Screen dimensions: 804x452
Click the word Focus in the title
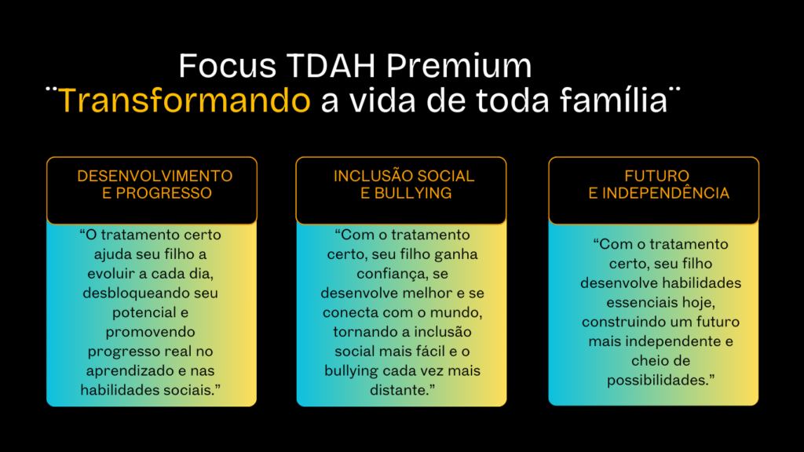click(228, 66)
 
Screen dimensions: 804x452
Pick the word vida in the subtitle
click(382, 100)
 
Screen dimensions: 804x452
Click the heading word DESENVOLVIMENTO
click(155, 177)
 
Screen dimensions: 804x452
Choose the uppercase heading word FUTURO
click(657, 177)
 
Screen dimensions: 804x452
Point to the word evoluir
click(111, 274)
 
